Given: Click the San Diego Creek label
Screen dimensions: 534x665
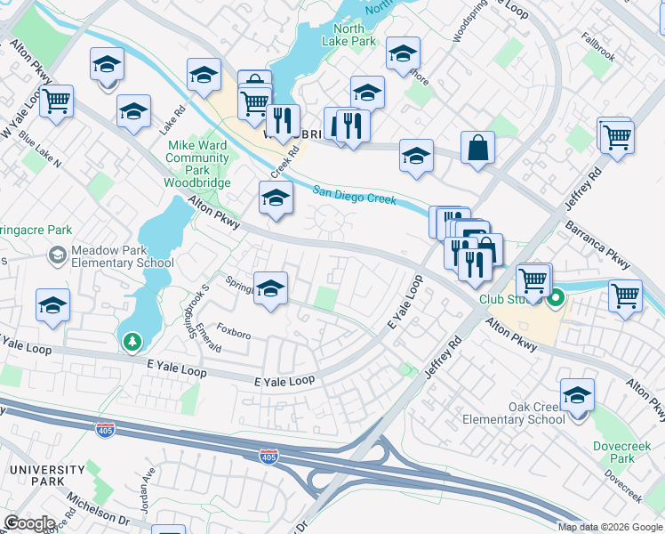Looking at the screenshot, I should click(354, 195).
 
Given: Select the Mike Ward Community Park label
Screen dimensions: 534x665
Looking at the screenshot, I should click(199, 157).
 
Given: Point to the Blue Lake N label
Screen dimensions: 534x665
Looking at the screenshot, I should click(39, 152).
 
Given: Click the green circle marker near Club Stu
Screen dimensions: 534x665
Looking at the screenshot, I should click(557, 298).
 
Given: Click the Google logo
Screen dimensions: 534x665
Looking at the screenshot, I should click(29, 523).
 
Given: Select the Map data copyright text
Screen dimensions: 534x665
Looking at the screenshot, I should click(610, 527).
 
